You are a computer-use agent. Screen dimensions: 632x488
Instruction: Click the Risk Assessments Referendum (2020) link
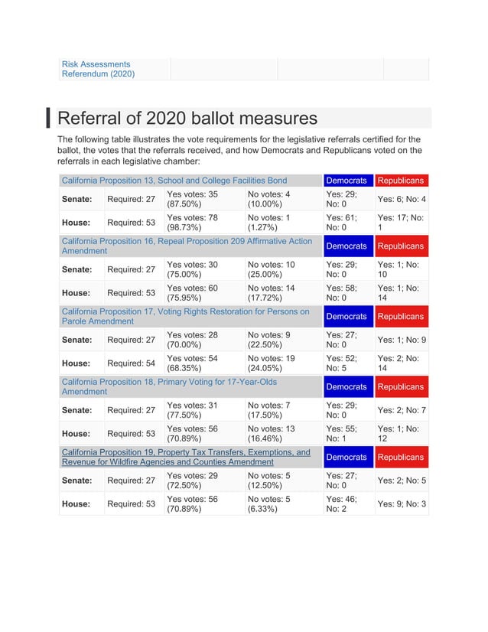(98, 69)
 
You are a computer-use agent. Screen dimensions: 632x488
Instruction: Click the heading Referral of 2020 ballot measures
(187, 119)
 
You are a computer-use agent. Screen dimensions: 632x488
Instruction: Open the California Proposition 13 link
(174, 181)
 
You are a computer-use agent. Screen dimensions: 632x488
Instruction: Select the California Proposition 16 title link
(187, 246)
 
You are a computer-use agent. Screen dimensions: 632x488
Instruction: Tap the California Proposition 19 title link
(186, 457)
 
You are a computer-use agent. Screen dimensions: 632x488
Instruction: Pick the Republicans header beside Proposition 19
(401, 457)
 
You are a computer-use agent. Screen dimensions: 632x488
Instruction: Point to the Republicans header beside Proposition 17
(401, 316)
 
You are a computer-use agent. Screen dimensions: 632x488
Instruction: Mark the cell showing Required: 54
(131, 363)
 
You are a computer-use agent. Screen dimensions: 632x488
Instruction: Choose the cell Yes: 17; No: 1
(401, 223)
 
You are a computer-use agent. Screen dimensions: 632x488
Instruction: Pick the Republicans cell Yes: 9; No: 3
(401, 504)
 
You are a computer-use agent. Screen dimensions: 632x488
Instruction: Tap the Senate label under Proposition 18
(77, 410)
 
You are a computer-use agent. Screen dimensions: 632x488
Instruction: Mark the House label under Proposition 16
(76, 293)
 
